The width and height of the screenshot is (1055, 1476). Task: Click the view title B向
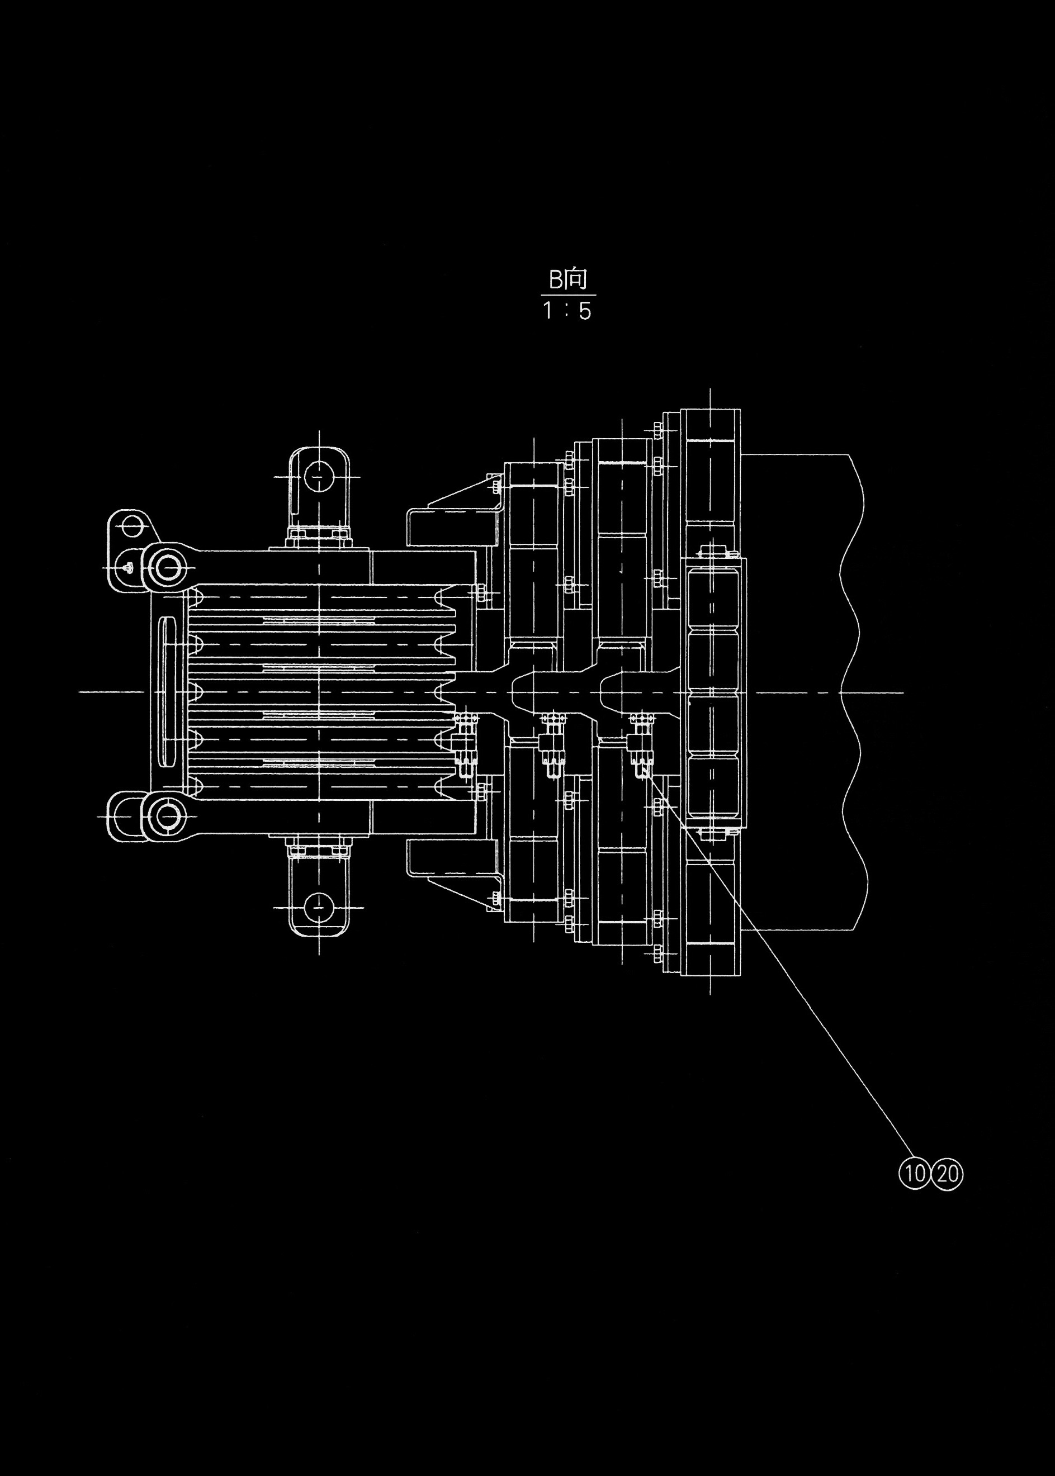[568, 279]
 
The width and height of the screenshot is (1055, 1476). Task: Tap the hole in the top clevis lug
[318, 476]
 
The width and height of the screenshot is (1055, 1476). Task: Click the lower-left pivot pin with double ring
[168, 815]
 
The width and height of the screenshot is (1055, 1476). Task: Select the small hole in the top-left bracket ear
[133, 524]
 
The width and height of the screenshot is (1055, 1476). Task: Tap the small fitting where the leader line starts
[642, 747]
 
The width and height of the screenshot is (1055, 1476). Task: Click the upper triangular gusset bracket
[455, 513]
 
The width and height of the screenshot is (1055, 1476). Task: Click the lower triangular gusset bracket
[455, 870]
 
